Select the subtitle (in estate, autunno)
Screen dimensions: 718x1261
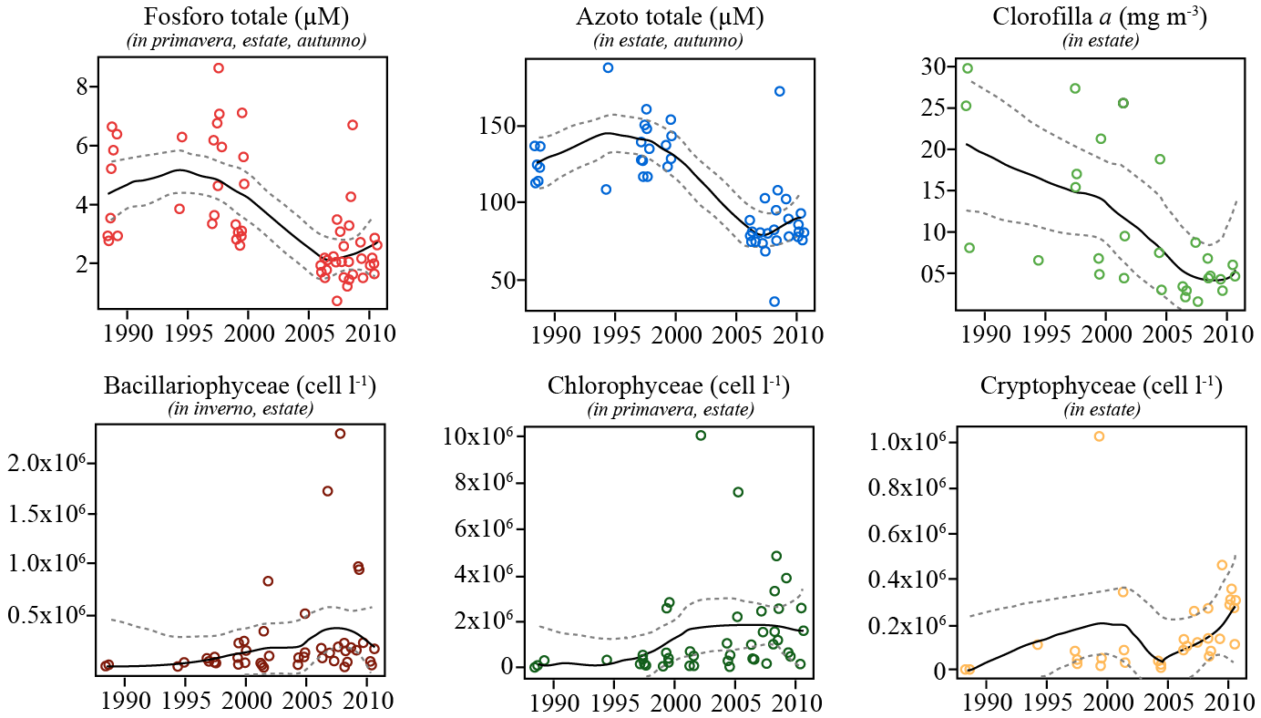click(x=668, y=40)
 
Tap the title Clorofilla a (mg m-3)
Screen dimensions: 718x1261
click(x=1101, y=17)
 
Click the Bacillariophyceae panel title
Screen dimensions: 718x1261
click(x=240, y=385)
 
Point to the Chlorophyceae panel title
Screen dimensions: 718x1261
click(x=669, y=385)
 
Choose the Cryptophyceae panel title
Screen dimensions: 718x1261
click(x=1101, y=385)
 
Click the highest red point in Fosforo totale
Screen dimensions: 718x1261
click(x=219, y=68)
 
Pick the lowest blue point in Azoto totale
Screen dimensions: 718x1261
click(x=774, y=302)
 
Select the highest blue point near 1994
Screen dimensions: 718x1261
click(x=608, y=67)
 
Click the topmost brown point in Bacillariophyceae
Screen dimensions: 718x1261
click(x=340, y=434)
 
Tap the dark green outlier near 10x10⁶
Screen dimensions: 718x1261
click(x=700, y=436)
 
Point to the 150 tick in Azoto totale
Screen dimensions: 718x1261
click(x=500, y=126)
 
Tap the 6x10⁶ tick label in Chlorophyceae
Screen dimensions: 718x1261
click(x=479, y=528)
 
